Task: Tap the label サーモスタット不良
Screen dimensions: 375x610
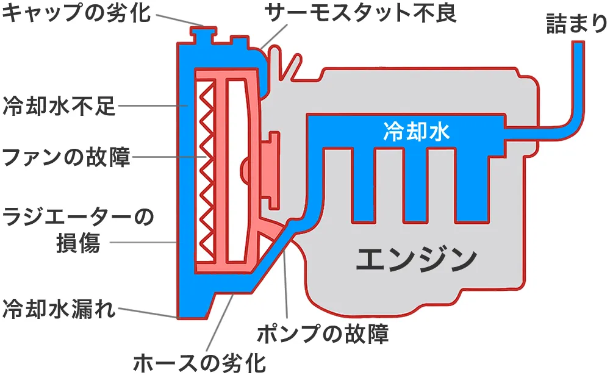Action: (x=360, y=13)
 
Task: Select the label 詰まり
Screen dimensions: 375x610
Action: (x=576, y=24)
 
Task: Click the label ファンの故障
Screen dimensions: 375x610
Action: (x=66, y=157)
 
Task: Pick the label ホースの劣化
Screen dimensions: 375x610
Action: (x=199, y=362)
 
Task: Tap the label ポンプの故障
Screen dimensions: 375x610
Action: (x=322, y=334)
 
